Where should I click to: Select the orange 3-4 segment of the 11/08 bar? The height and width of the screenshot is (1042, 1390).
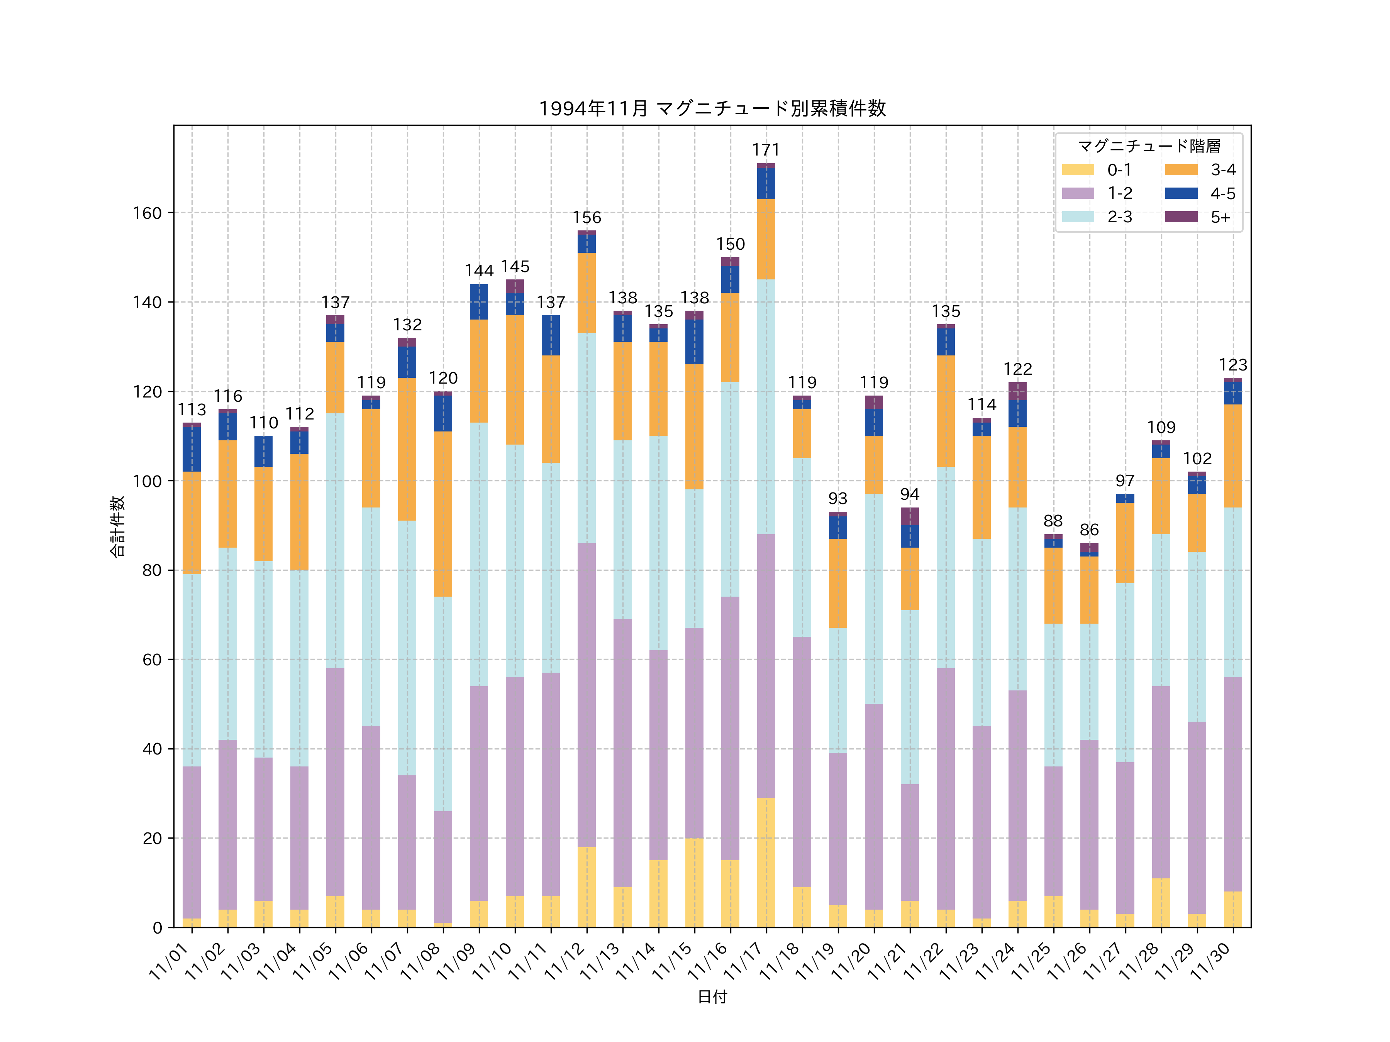click(443, 514)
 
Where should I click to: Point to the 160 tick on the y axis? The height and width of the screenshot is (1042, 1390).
click(147, 213)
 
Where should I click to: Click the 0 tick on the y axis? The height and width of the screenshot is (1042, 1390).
click(157, 928)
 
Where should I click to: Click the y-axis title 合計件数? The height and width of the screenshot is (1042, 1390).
click(117, 526)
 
